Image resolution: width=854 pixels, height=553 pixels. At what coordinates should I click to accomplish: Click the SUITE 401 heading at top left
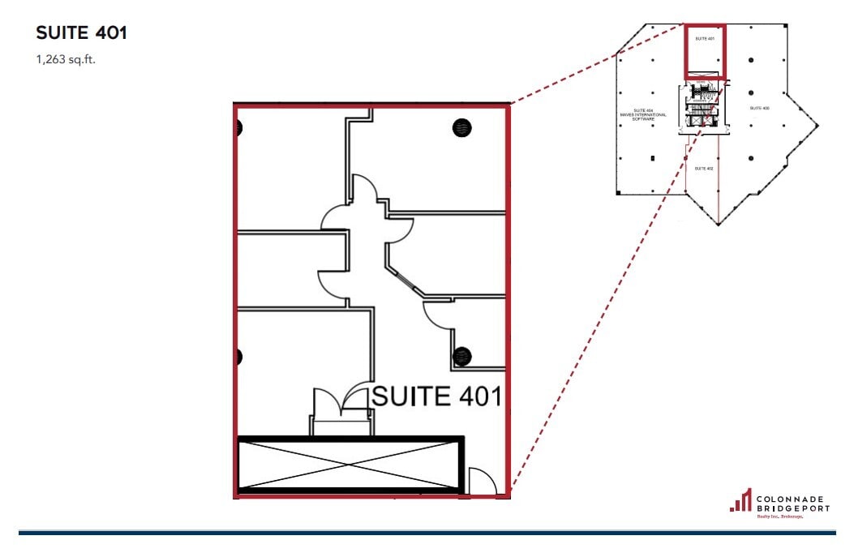point(81,33)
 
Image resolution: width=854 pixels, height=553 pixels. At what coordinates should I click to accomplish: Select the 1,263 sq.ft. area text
point(66,59)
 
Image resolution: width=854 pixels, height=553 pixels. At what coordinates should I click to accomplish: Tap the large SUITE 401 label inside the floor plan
point(436,397)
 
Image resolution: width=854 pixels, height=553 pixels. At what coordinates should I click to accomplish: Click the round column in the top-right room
point(461,127)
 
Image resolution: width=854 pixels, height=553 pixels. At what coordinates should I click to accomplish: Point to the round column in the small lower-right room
point(462,355)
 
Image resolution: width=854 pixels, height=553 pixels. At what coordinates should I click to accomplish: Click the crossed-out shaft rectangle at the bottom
point(350,465)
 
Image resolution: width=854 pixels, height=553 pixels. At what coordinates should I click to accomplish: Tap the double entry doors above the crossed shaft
point(341,401)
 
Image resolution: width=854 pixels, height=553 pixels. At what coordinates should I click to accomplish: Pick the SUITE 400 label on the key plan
point(759,108)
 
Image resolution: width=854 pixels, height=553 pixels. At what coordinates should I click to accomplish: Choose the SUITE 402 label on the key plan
point(704,168)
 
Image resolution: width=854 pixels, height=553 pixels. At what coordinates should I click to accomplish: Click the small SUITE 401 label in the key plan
point(705,38)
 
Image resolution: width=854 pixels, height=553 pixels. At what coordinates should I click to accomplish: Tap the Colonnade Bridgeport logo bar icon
point(740,500)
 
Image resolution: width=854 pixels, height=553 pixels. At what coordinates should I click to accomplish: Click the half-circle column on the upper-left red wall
point(239,127)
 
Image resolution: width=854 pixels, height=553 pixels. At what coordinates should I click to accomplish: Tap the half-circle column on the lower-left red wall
point(239,355)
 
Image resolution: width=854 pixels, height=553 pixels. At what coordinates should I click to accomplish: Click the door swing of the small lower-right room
point(438,314)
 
